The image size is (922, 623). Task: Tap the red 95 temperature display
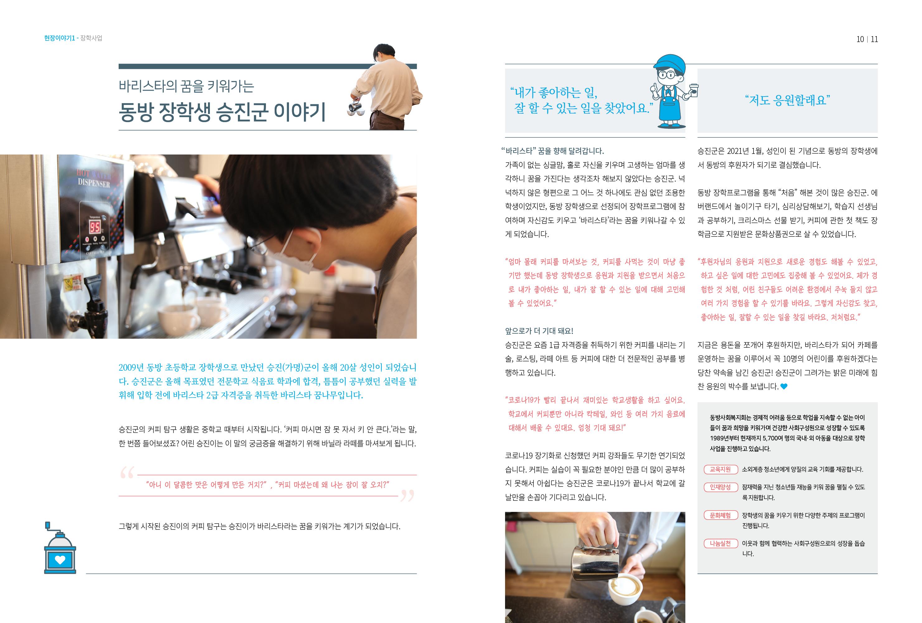[x=95, y=227]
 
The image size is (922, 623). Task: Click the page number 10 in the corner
[x=860, y=39]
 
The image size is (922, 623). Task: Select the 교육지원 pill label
[x=721, y=469]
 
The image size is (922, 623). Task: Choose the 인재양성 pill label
[x=721, y=487]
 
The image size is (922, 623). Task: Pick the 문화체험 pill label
[x=721, y=516]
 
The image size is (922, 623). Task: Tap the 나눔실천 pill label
[x=721, y=544]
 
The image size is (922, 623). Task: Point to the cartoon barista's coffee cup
[x=693, y=90]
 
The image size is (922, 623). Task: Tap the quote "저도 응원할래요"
[x=787, y=100]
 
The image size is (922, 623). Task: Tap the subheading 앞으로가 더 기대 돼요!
[x=539, y=331]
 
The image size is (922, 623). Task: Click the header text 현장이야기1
[x=59, y=38]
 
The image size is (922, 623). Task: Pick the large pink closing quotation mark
[x=407, y=496]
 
